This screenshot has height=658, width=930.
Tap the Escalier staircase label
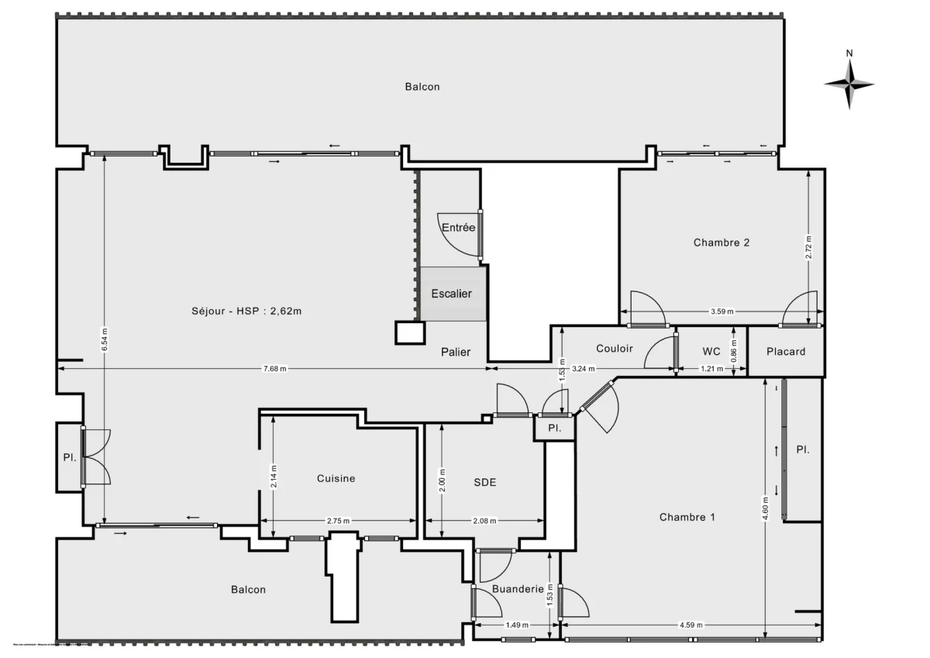click(x=451, y=294)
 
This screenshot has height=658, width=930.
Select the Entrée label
click(x=458, y=228)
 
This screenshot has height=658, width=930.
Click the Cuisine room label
click(x=336, y=478)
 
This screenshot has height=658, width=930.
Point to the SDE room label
click(x=485, y=482)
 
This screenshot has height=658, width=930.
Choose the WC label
click(x=711, y=351)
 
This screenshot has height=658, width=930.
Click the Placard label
click(x=786, y=351)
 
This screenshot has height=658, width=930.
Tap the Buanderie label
click(x=518, y=589)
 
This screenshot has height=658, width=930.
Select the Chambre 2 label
click(x=722, y=242)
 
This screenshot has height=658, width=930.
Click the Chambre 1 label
click(x=687, y=517)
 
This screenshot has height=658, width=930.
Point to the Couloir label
click(x=615, y=348)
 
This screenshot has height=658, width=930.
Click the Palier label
click(x=456, y=352)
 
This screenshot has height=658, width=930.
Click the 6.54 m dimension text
click(x=105, y=338)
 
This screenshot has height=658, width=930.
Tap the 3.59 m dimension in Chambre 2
click(x=722, y=312)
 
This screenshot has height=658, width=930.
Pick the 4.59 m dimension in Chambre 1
click(x=691, y=624)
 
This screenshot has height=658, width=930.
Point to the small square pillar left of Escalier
click(x=410, y=332)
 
